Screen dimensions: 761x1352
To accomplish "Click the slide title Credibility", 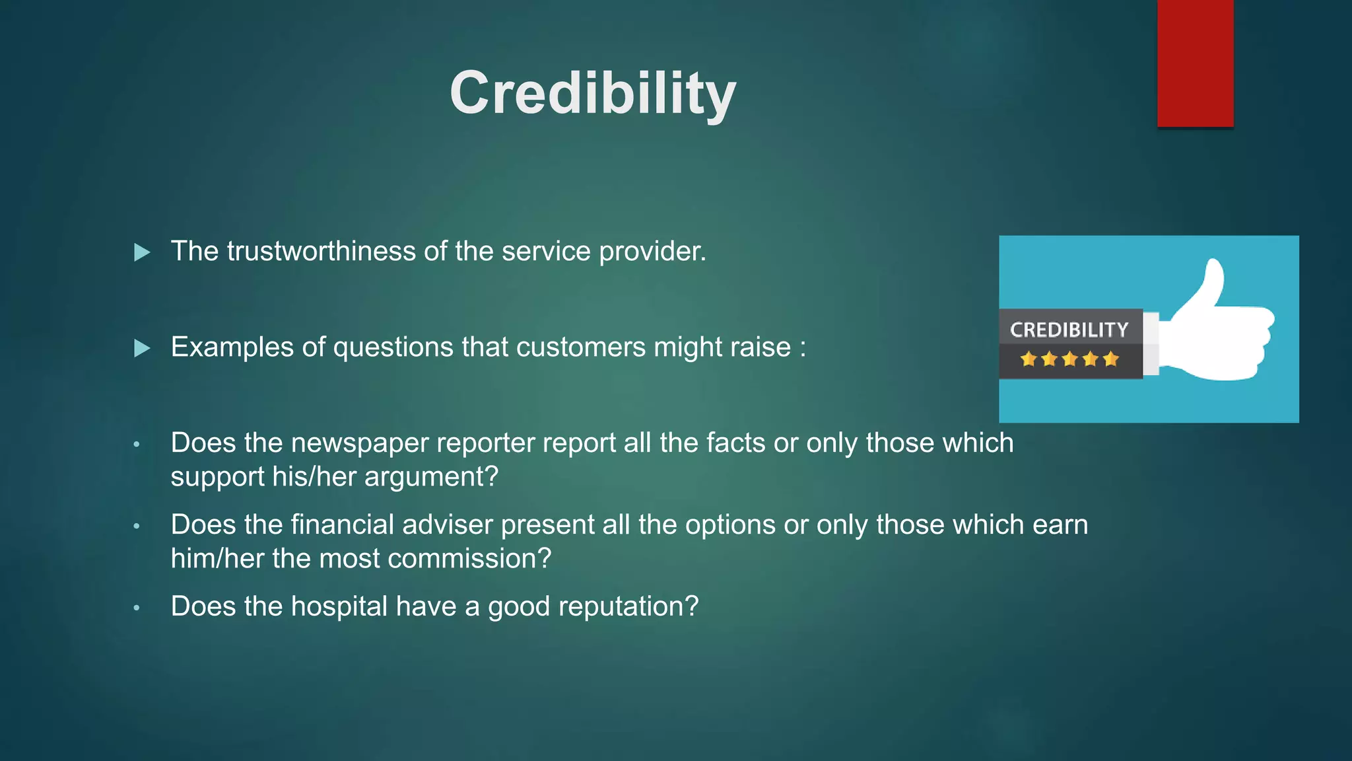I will tap(592, 93).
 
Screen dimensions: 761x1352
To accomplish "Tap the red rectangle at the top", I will tap(1195, 63).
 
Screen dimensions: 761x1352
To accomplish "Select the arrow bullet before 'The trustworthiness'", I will tap(142, 252).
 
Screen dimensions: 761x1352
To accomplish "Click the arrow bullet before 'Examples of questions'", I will tap(142, 348).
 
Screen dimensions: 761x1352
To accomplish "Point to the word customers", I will tap(580, 347).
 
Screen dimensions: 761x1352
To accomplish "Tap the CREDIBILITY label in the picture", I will tap(1069, 330).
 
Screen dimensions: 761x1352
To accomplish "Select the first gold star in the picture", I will tap(1028, 359).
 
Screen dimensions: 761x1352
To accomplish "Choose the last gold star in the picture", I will tap(1111, 359).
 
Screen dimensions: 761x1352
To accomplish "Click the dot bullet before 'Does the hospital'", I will tap(137, 608).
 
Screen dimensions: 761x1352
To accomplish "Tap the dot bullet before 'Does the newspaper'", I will tap(137, 445).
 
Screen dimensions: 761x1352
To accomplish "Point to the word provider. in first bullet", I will tap(652, 252).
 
